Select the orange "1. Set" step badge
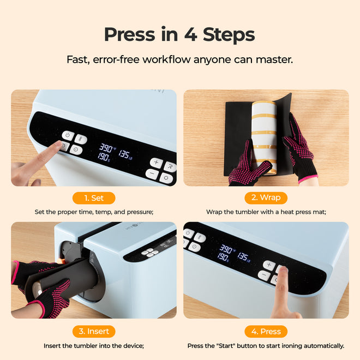(93, 198)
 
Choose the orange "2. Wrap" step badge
(266, 198)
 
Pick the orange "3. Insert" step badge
(93, 331)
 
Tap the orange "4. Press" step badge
(266, 331)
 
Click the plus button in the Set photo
(155, 163)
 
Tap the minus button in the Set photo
(152, 175)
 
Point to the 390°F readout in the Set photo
(107, 148)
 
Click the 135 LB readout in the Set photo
(125, 155)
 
